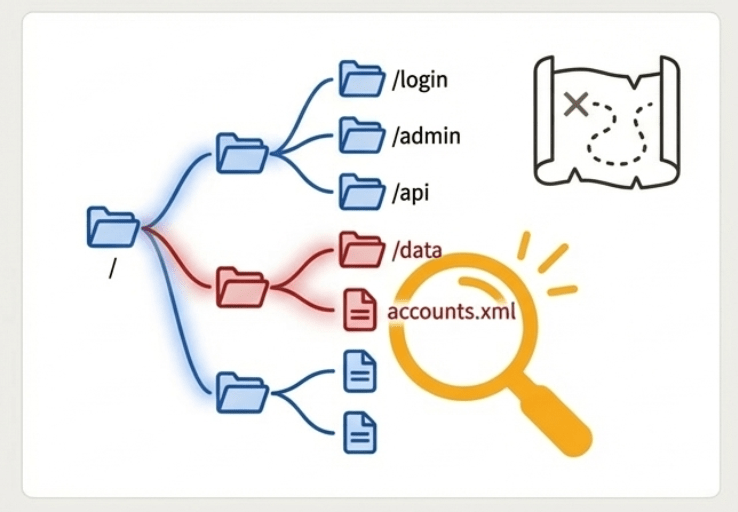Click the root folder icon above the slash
(112, 227)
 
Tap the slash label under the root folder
(111, 269)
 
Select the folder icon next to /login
(361, 78)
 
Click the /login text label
(421, 80)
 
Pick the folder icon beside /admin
(361, 134)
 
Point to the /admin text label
(427, 135)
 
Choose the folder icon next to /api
(361, 190)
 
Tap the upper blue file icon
(359, 372)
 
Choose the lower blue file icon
(359, 431)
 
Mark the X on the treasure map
(575, 104)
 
